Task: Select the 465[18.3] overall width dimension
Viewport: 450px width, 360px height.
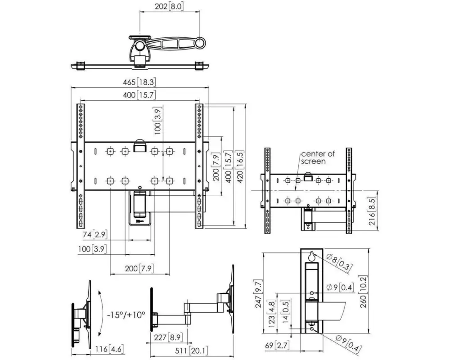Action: coord(140,82)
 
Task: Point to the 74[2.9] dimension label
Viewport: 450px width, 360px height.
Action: coord(94,234)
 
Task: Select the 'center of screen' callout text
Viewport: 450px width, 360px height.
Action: coord(318,157)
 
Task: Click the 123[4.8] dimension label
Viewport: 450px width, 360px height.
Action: coord(272,314)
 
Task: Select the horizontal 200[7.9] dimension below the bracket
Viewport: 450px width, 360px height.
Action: coord(139,269)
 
